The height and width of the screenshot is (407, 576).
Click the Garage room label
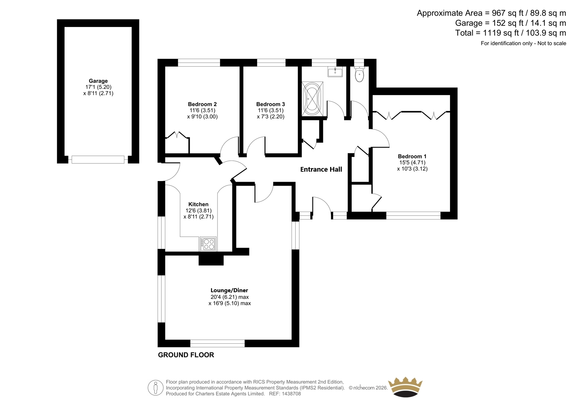coord(98,81)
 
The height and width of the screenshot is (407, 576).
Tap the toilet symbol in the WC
coord(359,74)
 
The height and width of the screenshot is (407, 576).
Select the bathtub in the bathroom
coord(312,99)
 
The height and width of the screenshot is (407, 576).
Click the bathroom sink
coord(335,72)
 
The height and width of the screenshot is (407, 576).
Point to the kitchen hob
coord(208,244)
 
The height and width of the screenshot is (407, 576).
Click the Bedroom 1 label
coord(412,156)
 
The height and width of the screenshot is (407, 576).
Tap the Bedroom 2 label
coord(202,104)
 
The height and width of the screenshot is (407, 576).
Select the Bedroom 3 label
coord(270,104)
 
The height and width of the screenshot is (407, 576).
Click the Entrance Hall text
coord(321,169)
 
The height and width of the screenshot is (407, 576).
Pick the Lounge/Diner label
coord(229,290)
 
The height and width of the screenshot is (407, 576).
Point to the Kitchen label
coord(198,204)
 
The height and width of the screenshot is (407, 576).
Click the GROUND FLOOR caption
coord(186,355)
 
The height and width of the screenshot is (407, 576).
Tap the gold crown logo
coord(405,387)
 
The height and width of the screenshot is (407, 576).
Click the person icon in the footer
coord(156,388)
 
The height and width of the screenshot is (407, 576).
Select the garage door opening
coord(98,159)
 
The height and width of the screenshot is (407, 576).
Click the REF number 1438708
coord(291,394)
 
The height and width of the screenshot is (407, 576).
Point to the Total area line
coord(510,33)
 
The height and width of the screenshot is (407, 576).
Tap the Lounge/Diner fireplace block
coord(211,260)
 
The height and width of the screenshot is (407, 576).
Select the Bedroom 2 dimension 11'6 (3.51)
coord(202,110)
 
